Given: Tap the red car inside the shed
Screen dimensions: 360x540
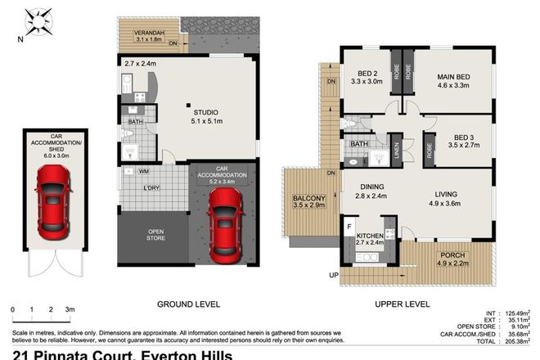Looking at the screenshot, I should pyautogui.click(x=52, y=200).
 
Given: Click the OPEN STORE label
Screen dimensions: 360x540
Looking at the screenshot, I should pyautogui.click(x=155, y=234).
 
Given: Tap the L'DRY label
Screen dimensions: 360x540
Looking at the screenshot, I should pyautogui.click(x=151, y=190).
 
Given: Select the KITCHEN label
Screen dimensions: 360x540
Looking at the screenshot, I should pyautogui.click(x=370, y=236).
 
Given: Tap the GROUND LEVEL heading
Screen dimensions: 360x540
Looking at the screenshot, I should pyautogui.click(x=189, y=304).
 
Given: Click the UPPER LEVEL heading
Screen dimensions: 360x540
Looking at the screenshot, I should pyautogui.click(x=402, y=304).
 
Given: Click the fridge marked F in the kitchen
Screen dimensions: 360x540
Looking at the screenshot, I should pyautogui.click(x=350, y=225).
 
